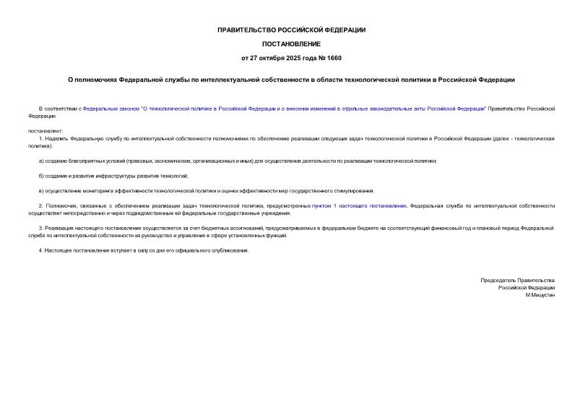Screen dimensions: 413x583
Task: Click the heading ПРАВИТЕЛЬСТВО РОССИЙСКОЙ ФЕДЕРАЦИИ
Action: click(291, 30)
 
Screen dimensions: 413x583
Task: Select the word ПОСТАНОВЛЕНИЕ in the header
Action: click(291, 43)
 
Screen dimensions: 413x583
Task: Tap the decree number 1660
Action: click(334, 57)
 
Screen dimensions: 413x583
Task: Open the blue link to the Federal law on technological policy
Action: click(285, 108)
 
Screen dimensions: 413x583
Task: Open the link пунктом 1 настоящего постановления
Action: click(359, 206)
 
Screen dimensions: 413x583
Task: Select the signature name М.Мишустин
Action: click(540, 295)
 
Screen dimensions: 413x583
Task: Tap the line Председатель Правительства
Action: click(517, 280)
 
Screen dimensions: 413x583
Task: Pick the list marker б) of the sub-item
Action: click(41, 176)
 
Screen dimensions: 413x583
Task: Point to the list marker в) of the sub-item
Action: click(41, 191)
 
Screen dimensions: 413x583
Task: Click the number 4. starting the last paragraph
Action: click(41, 250)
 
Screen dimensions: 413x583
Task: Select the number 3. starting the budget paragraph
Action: click(41, 229)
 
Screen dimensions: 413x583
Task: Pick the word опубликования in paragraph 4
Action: click(229, 250)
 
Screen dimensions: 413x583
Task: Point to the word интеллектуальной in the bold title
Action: click(225, 80)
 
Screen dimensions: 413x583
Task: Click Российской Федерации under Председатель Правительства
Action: click(526, 287)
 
